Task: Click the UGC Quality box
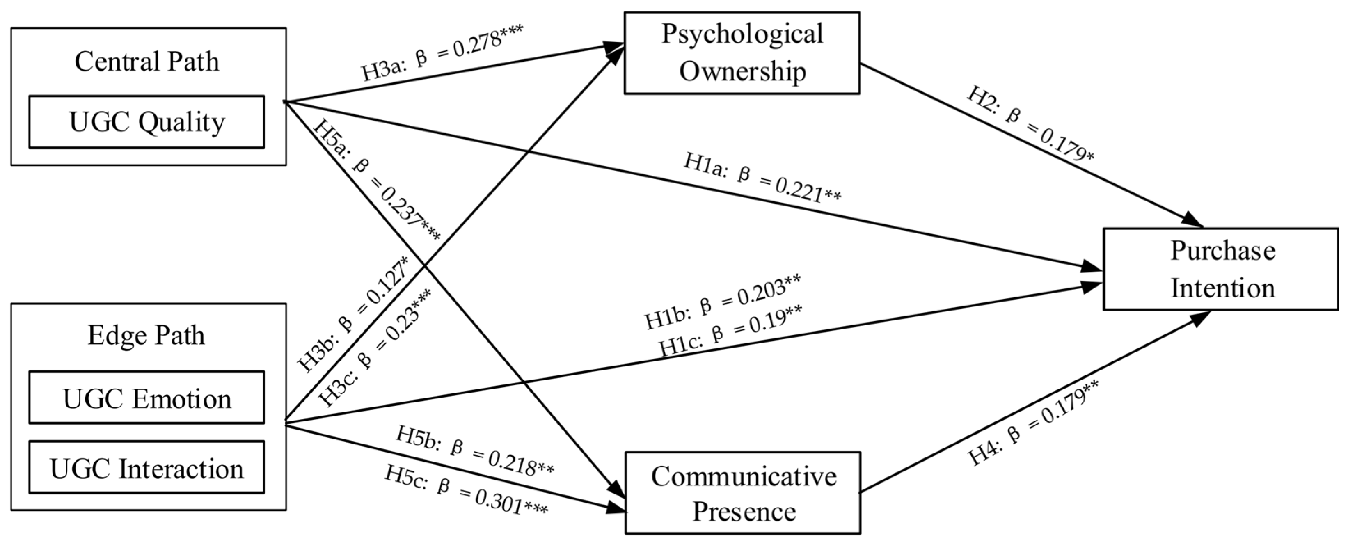[x=146, y=122]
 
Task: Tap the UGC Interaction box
[x=146, y=468]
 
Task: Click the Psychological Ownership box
[x=742, y=53]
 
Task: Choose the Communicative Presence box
[x=743, y=493]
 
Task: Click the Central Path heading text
[x=146, y=62]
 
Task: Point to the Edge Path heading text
[x=146, y=335]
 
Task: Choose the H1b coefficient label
[x=722, y=302]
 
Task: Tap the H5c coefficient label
[x=466, y=489]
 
